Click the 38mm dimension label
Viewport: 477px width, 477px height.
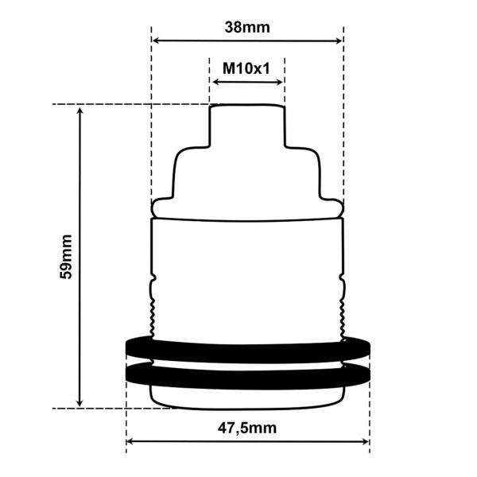pyautogui.click(x=246, y=26)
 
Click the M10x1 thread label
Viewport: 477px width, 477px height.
pyautogui.click(x=246, y=68)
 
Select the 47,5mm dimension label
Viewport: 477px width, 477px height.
pyautogui.click(x=247, y=429)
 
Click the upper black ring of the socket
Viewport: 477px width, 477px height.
pyautogui.click(x=247, y=347)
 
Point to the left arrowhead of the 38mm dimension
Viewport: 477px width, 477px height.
pyautogui.click(x=157, y=41)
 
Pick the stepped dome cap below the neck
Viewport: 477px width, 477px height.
pyautogui.click(x=246, y=179)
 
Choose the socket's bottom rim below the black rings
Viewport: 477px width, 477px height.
pyautogui.click(x=247, y=398)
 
